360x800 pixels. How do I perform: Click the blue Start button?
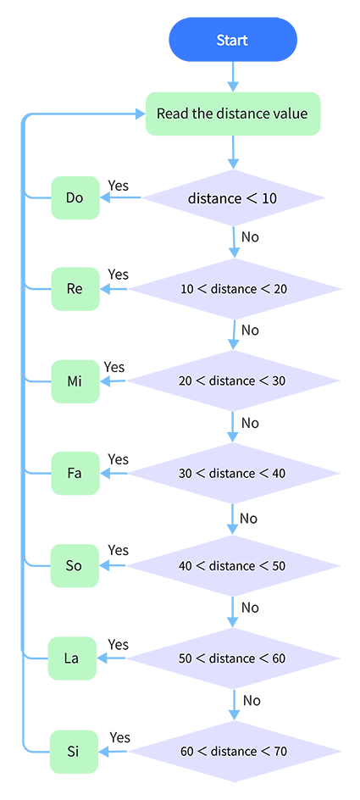233,40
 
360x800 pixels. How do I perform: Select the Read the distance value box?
233,114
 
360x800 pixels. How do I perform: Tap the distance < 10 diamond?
233,198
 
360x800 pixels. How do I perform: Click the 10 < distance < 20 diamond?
234,289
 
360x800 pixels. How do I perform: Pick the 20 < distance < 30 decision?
233,381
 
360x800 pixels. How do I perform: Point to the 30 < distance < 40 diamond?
233,474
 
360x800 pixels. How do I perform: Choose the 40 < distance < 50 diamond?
233,566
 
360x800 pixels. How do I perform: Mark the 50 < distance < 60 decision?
233,658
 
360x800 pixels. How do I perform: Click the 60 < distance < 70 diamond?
234,751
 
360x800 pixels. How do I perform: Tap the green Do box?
75,198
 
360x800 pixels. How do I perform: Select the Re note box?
75,289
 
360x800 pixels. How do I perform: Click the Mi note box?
75,381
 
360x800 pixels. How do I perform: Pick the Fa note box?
75,474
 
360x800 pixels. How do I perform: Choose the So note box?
74,566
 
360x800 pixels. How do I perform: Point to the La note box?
72,658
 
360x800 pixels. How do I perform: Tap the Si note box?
74,751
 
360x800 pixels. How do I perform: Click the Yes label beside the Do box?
119,186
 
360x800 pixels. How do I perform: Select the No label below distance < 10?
250,237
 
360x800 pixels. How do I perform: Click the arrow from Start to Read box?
233,76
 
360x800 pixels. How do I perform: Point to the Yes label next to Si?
119,737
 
